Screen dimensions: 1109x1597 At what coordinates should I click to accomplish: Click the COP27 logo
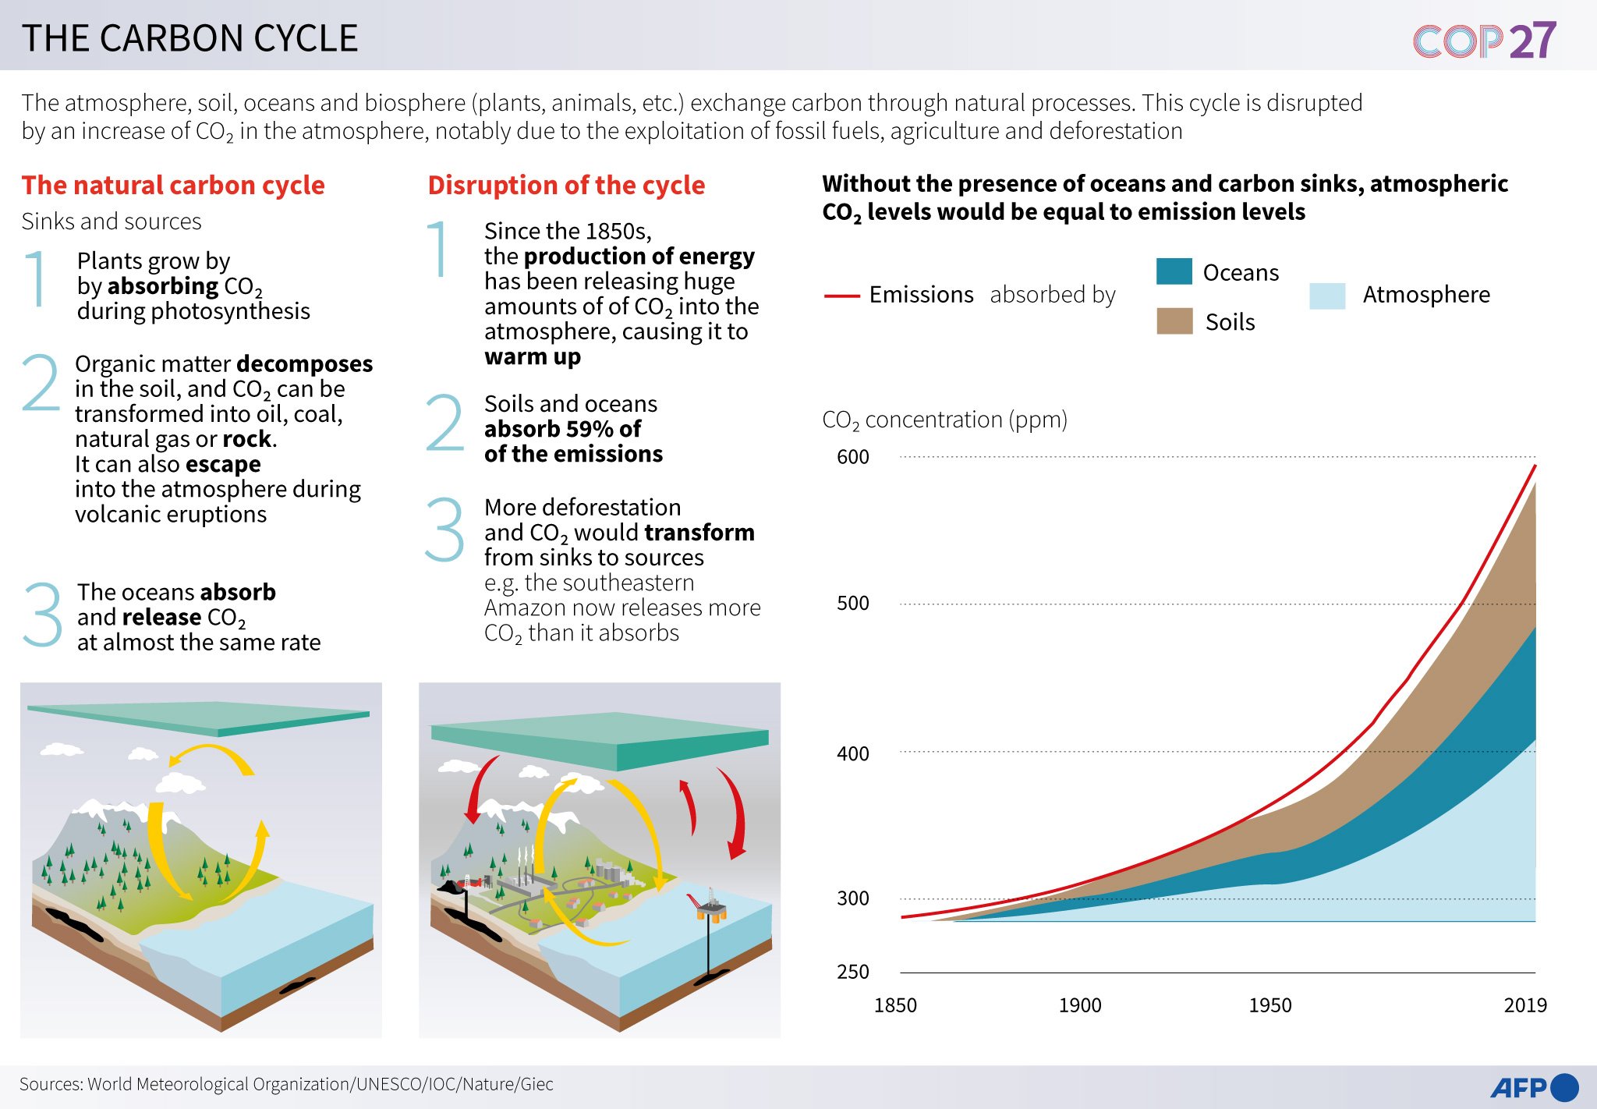[x=1484, y=40]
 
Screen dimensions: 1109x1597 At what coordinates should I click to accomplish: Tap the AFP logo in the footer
[x=1533, y=1086]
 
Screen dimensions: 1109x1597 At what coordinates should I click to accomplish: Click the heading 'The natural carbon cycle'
[x=173, y=186]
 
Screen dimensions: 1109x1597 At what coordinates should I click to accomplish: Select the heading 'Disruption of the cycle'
[x=566, y=186]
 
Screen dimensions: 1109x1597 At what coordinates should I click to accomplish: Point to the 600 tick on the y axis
[x=852, y=457]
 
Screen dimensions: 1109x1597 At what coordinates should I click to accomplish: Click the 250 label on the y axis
[x=852, y=972]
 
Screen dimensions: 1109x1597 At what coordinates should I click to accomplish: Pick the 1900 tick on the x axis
[x=1079, y=1005]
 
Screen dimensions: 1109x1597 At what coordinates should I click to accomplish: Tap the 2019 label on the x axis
[x=1524, y=1005]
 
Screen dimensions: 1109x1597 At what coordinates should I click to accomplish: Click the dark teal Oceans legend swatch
[x=1174, y=271]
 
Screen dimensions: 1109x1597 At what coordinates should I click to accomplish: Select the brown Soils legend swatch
[x=1174, y=321]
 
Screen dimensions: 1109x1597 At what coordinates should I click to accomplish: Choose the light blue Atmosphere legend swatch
[x=1327, y=296]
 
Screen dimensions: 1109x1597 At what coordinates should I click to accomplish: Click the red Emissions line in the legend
[x=841, y=296]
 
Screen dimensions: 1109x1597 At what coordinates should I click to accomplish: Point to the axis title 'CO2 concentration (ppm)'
[x=944, y=420]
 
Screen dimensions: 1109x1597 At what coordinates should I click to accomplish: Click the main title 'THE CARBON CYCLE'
[x=189, y=38]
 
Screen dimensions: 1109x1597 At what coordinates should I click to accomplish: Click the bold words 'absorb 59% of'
[x=562, y=429]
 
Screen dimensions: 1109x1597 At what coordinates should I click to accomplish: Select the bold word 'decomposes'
[x=304, y=364]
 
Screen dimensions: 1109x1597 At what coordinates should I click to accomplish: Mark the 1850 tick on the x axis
[x=895, y=1005]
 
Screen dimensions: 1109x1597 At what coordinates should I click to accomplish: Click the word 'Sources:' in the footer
[x=51, y=1084]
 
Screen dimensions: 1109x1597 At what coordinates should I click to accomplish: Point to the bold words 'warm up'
[x=532, y=357]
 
